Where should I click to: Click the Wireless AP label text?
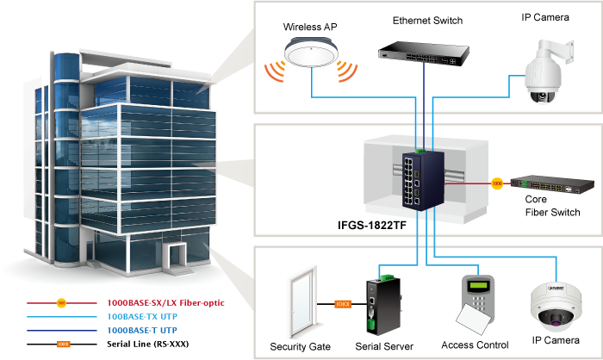[x=310, y=28]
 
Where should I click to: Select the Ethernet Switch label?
[x=427, y=20]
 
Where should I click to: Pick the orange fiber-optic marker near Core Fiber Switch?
[x=496, y=183]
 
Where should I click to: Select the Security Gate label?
[x=301, y=346]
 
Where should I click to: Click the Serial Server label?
[x=385, y=346]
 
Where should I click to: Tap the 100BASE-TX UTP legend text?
[x=141, y=316]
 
